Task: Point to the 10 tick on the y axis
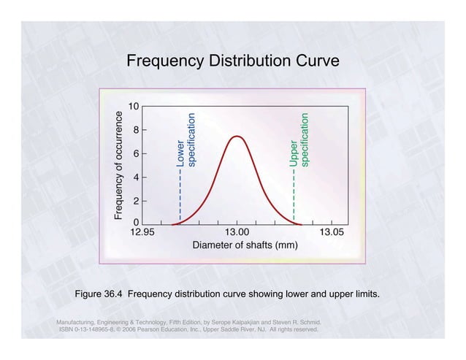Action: point(134,107)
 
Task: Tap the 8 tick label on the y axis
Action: point(136,130)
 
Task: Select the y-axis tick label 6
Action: point(136,153)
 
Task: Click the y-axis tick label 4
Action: point(136,177)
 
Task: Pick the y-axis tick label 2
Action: point(136,200)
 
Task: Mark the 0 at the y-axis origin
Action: point(136,223)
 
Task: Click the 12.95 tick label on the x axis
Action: point(142,232)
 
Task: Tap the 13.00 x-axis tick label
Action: point(237,232)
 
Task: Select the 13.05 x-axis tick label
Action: point(332,232)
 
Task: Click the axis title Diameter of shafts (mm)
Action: point(245,245)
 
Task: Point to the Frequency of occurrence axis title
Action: point(118,165)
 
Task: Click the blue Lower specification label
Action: point(186,141)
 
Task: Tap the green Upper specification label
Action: point(299,139)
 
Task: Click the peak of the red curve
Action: point(237,136)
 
